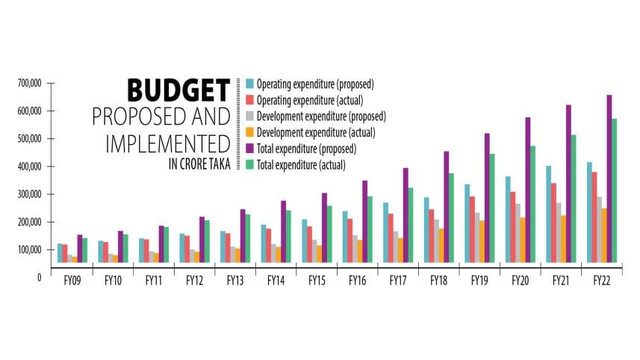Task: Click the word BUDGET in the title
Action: [178, 90]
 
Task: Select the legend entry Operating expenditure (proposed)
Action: [314, 84]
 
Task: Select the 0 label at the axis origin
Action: [38, 277]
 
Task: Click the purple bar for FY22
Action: [609, 179]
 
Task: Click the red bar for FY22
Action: [594, 217]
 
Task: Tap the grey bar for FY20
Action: [517, 232]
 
